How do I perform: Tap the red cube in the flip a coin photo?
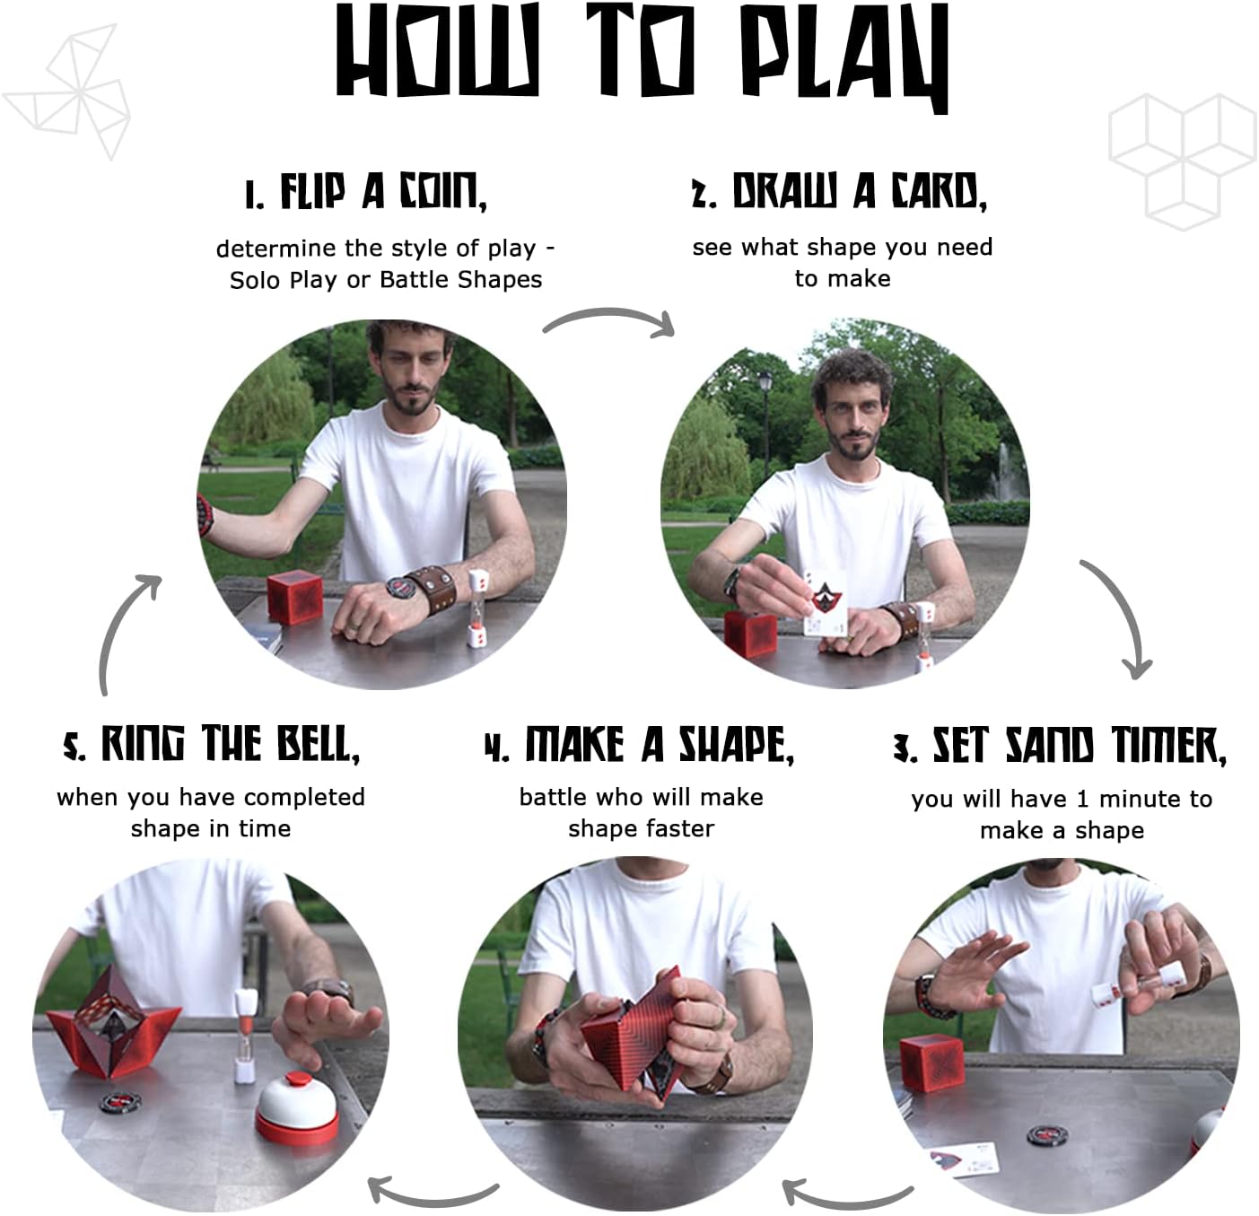click(x=295, y=597)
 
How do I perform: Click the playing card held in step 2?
click(x=824, y=603)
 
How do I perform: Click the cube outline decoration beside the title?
click(x=1183, y=162)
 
